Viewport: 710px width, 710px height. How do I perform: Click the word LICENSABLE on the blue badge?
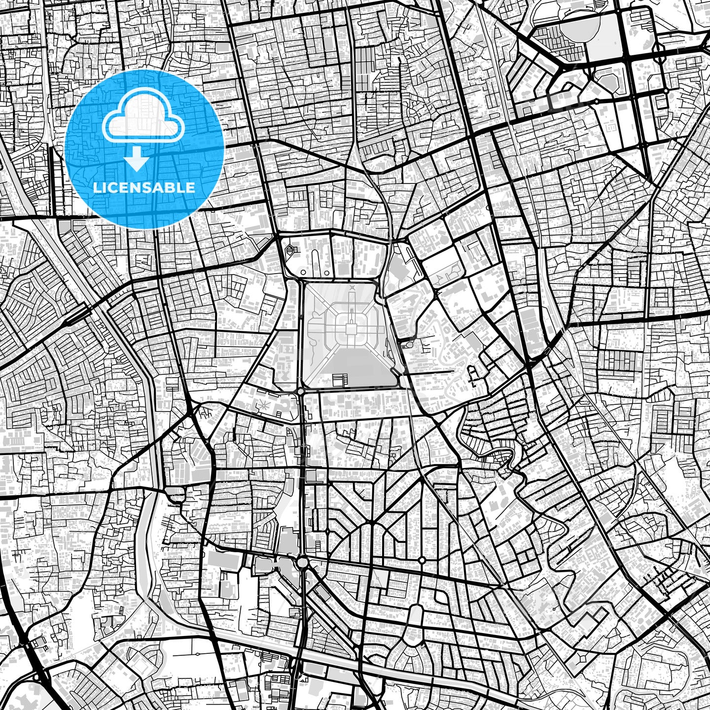click(x=144, y=188)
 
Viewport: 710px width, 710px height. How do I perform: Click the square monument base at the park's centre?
click(x=351, y=329)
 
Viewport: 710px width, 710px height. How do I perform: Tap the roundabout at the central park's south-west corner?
click(x=300, y=391)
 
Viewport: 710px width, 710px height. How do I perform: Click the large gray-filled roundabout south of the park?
click(x=302, y=562)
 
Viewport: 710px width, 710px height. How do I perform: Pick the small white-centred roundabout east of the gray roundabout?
click(x=422, y=560)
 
